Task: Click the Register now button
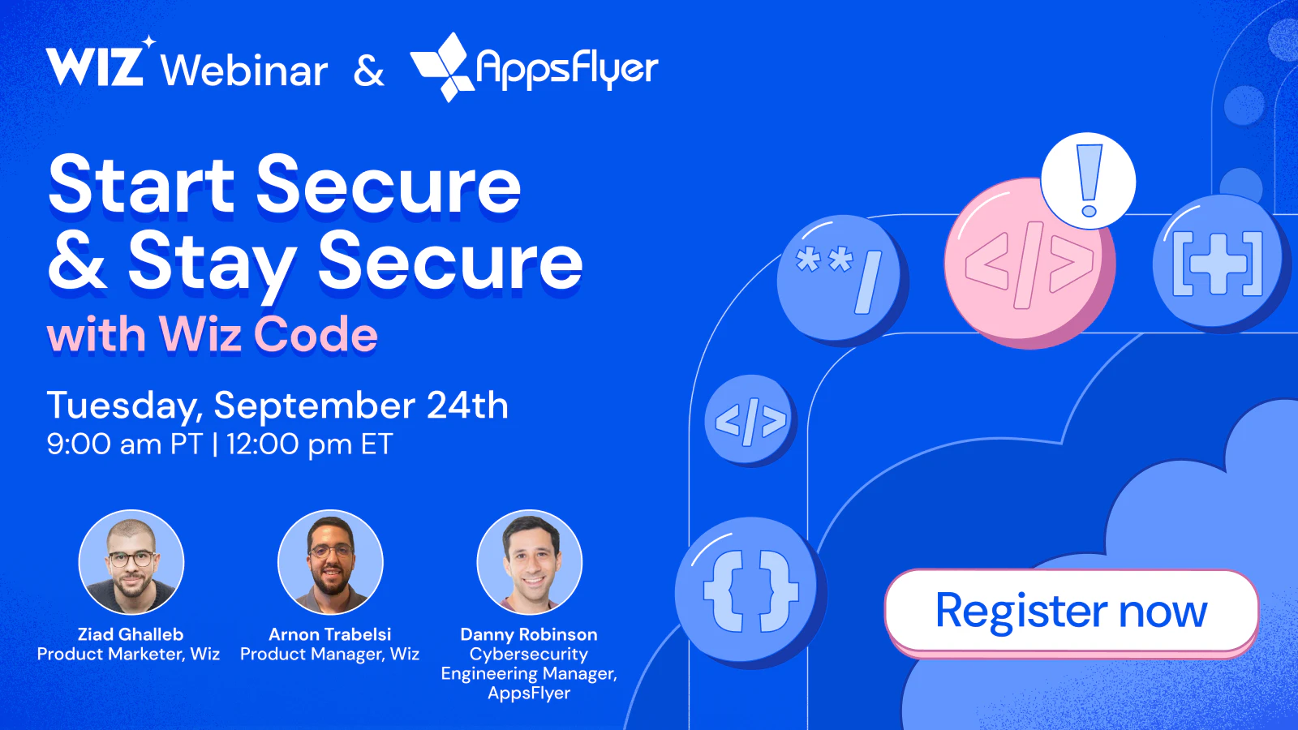tap(1071, 611)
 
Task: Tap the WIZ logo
tap(96, 65)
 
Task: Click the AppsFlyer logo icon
tap(441, 67)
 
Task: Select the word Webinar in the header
tap(244, 71)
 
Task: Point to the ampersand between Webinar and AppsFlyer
tap(369, 71)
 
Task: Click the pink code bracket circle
tap(1029, 264)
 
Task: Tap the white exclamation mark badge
tap(1088, 181)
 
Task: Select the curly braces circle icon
tap(750, 591)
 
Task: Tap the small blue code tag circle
tap(750, 419)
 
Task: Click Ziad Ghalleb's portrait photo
tap(131, 562)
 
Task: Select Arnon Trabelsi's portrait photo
tap(330, 562)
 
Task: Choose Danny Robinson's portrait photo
tap(530, 562)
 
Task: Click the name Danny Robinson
tap(529, 634)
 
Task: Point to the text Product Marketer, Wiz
tap(128, 655)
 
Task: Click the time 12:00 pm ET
tap(310, 444)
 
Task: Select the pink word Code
tap(316, 334)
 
